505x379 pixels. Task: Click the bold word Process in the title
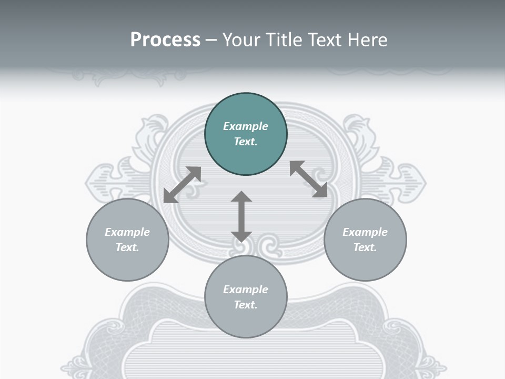(165, 40)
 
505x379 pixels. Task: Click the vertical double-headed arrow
(241, 217)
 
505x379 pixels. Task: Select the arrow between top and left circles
(182, 184)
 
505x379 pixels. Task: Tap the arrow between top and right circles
(309, 179)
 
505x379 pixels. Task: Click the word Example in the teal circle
(246, 126)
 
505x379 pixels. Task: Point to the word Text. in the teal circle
(246, 142)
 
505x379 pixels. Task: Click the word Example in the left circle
(127, 232)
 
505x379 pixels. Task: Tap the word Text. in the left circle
(127, 247)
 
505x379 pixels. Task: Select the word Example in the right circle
(365, 232)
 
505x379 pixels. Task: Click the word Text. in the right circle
(365, 247)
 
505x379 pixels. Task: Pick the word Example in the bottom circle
(246, 290)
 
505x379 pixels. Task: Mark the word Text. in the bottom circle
(246, 305)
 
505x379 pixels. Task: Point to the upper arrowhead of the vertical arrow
(241, 197)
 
